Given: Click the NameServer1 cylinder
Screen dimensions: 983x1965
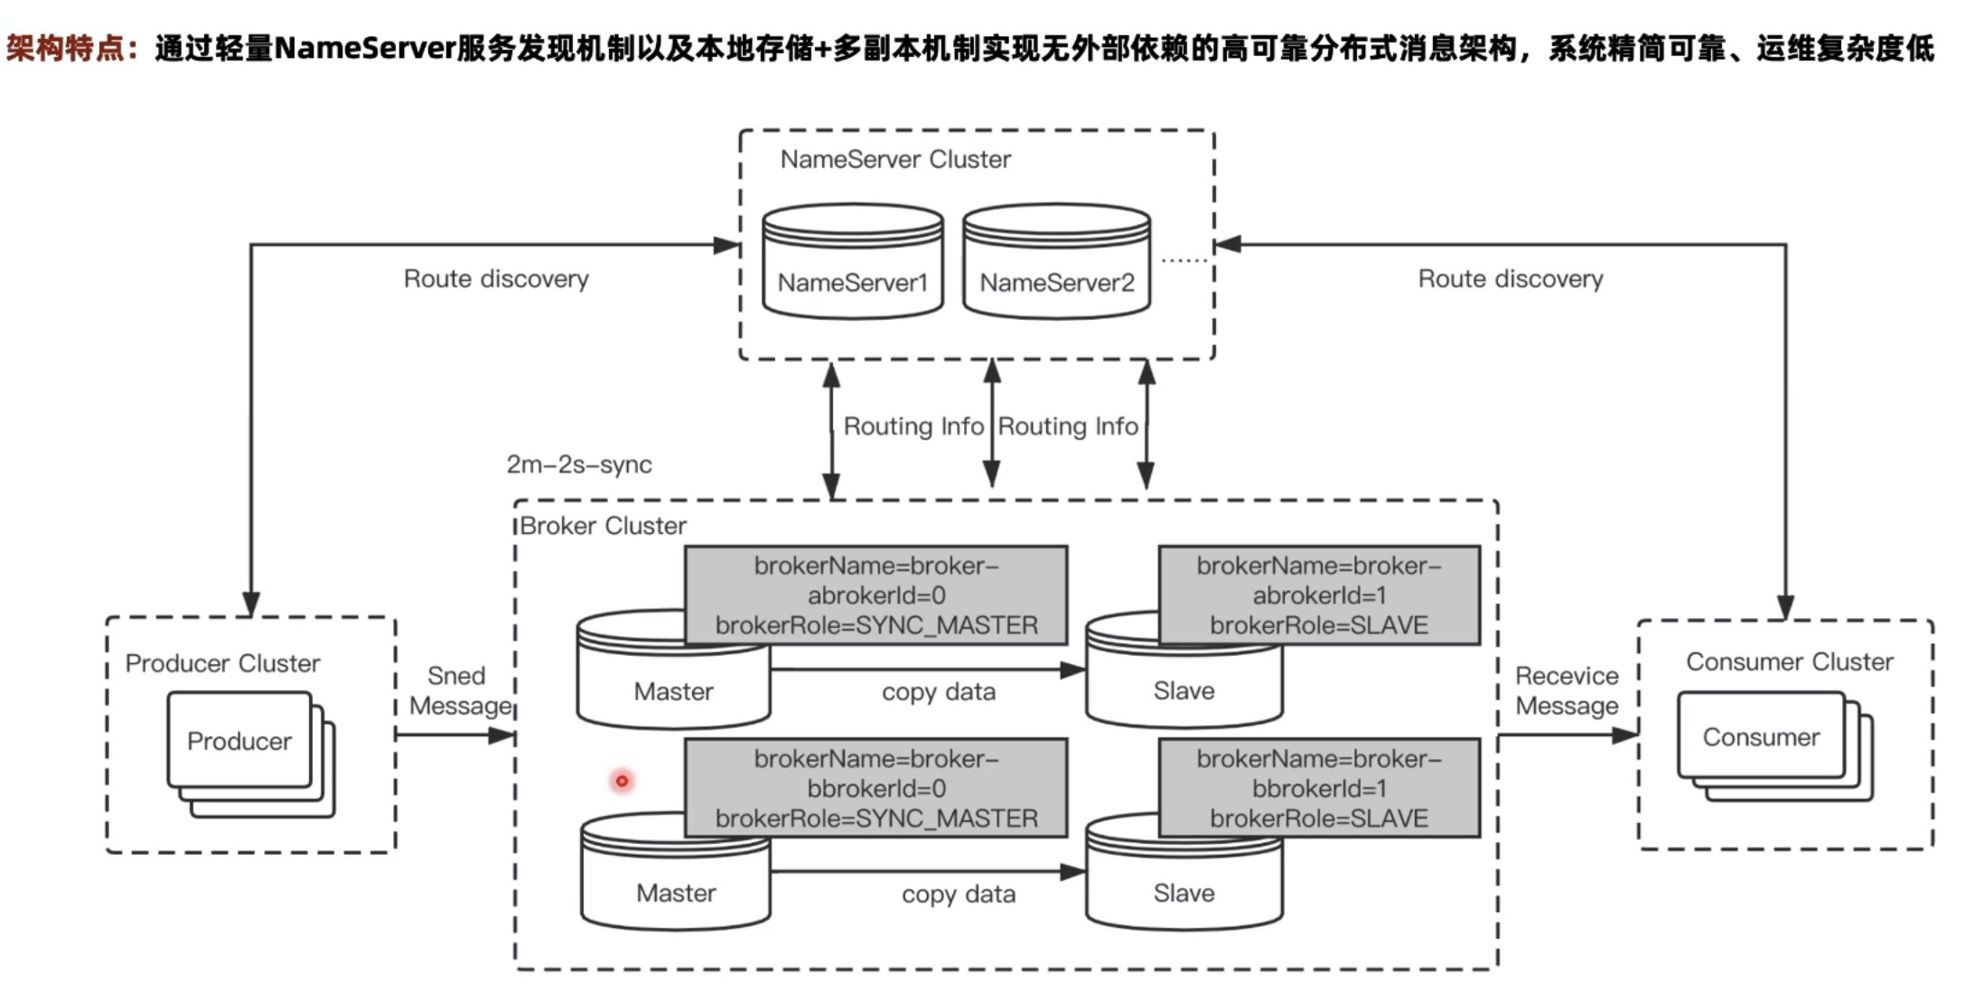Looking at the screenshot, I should [x=853, y=262].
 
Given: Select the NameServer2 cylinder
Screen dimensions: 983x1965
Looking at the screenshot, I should [x=1056, y=262].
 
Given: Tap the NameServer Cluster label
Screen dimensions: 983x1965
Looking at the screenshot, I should [x=895, y=160].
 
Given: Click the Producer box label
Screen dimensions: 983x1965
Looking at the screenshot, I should [x=239, y=741].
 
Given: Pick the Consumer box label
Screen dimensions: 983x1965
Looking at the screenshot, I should [x=1761, y=737].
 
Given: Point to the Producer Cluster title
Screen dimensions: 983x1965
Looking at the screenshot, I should [x=222, y=663].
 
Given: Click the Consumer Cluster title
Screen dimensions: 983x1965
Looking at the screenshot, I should [x=1789, y=662].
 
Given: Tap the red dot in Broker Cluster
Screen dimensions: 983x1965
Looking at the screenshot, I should [x=622, y=781].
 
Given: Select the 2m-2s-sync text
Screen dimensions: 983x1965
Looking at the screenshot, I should [x=579, y=464].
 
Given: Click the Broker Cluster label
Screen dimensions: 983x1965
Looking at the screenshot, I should [x=604, y=526].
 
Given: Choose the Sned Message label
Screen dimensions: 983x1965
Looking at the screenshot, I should [x=459, y=690].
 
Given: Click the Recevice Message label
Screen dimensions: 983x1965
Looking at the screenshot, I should [x=1567, y=690].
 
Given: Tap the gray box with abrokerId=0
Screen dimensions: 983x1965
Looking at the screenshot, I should [x=875, y=595].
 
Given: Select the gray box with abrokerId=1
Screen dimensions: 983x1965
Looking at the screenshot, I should [x=1319, y=595].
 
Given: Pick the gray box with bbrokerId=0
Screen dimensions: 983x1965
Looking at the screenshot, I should [x=875, y=789].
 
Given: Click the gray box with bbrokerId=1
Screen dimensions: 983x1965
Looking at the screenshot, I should [x=1319, y=789].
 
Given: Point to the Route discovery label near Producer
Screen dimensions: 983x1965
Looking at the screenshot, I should [x=496, y=279].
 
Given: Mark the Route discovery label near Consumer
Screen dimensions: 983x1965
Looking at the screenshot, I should [x=1511, y=279].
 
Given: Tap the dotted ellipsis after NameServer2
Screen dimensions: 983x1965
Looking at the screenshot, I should [x=1184, y=261].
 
